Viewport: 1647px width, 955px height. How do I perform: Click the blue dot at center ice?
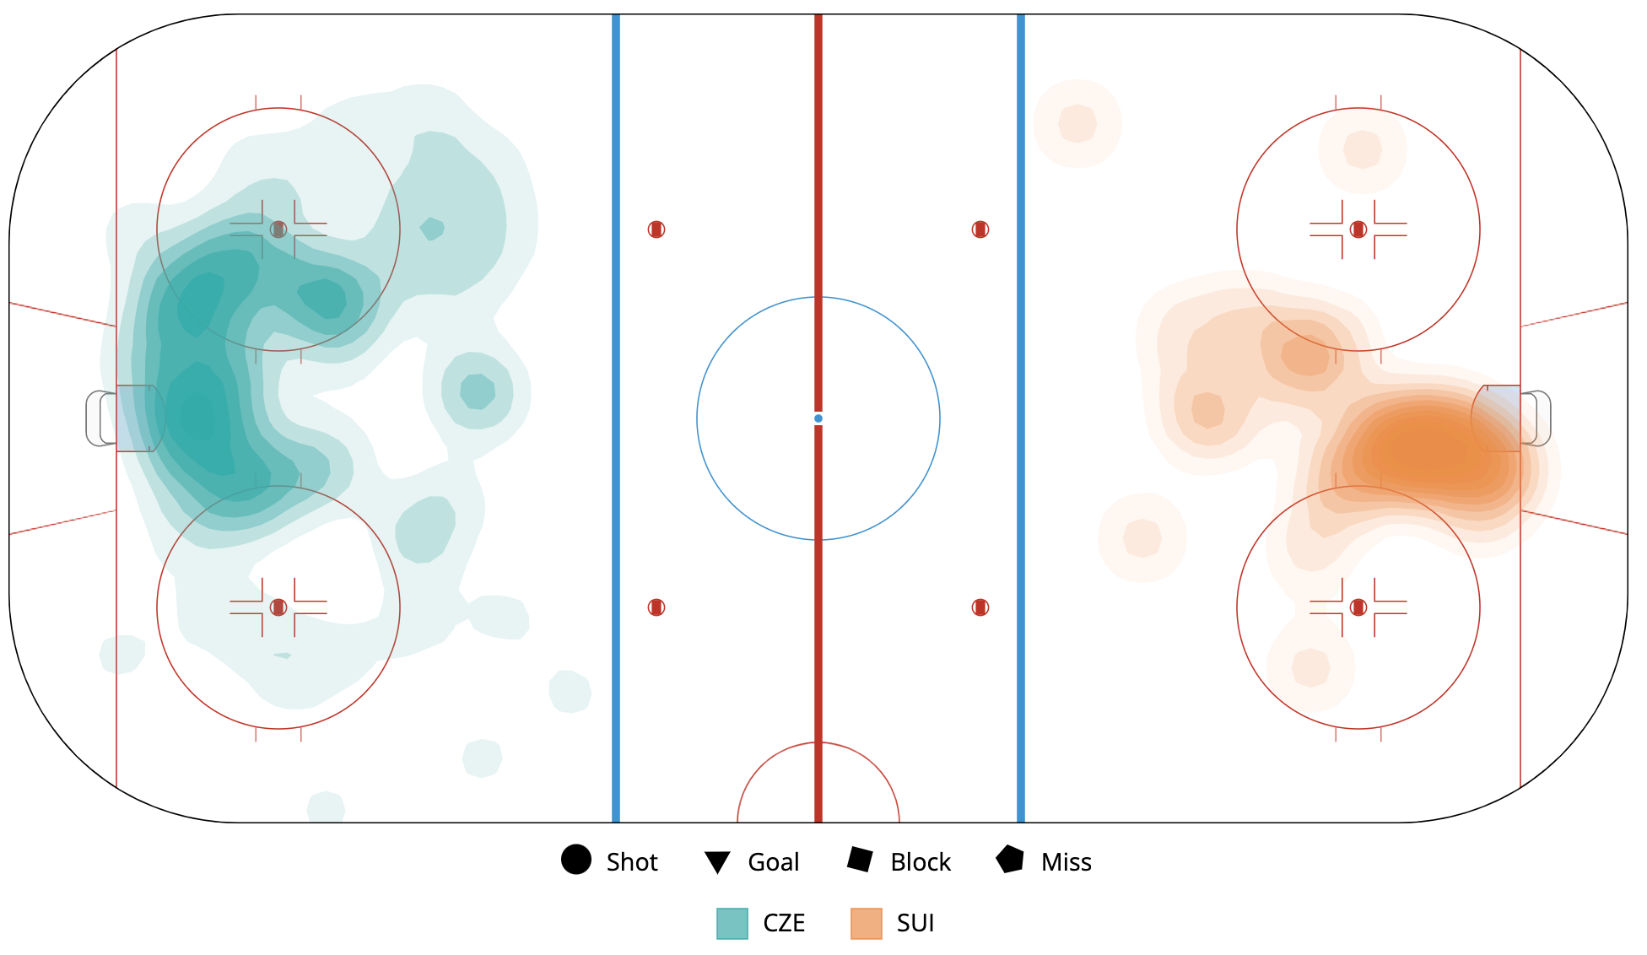coord(818,418)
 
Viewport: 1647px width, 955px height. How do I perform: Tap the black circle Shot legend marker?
coord(576,860)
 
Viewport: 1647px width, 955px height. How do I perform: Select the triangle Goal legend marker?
coord(717,862)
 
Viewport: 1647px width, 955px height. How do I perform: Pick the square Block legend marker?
coord(860,860)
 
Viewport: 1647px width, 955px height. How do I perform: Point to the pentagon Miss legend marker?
coord(1010,860)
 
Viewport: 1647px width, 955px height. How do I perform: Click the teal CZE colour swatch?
coord(732,924)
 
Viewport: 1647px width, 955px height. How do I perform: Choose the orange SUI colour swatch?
coord(867,924)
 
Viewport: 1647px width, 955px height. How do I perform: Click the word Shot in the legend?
coord(632,862)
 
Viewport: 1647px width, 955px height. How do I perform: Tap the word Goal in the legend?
coord(774,862)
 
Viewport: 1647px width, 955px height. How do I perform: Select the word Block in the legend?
coord(921,862)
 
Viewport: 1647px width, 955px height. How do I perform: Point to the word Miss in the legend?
coord(1066,862)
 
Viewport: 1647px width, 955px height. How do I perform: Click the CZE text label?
coord(784,924)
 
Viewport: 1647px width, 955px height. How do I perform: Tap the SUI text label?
coord(915,924)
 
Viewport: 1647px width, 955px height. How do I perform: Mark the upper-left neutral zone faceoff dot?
coord(656,229)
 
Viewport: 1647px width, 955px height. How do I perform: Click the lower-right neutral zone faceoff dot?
coord(980,607)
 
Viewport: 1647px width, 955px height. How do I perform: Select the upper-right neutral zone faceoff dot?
coord(980,229)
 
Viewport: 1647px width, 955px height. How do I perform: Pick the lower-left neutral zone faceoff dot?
coord(656,607)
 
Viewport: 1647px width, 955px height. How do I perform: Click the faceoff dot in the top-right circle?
coord(1358,229)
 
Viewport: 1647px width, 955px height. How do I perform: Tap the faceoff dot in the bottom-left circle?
coord(278,607)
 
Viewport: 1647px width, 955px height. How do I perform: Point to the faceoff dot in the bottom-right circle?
coord(1358,607)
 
